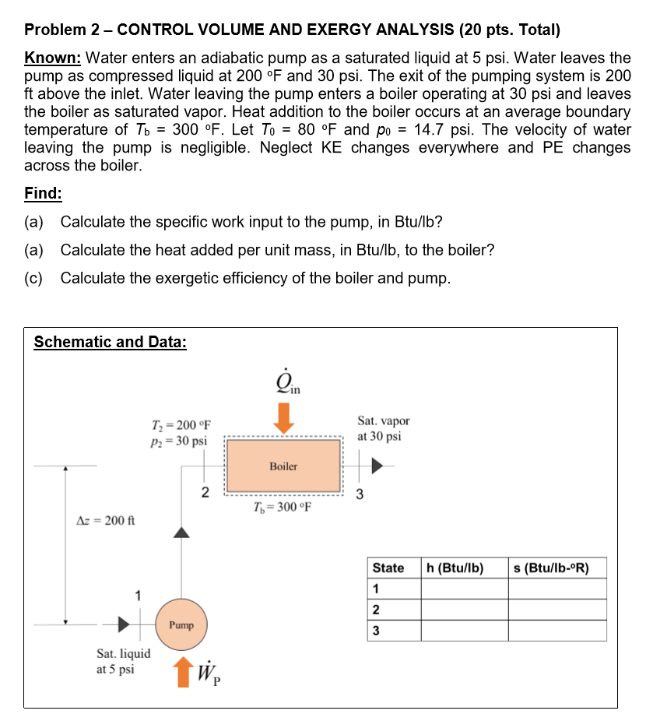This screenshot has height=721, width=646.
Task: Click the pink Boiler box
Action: [283, 466]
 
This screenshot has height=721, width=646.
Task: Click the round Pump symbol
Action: [181, 624]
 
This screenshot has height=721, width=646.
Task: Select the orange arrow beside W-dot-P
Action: [182, 672]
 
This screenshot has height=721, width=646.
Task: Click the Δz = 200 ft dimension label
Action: [104, 520]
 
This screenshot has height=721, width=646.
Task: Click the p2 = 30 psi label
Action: [177, 441]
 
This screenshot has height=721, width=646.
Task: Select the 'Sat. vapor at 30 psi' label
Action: [383, 428]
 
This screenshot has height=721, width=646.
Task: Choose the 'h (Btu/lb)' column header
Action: [455, 568]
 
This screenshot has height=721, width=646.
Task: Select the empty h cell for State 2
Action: [464, 610]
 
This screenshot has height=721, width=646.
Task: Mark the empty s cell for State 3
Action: [557, 630]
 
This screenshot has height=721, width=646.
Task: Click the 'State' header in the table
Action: [388, 568]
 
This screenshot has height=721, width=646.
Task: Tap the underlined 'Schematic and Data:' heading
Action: [110, 342]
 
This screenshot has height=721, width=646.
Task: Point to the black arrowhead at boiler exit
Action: [377, 466]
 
